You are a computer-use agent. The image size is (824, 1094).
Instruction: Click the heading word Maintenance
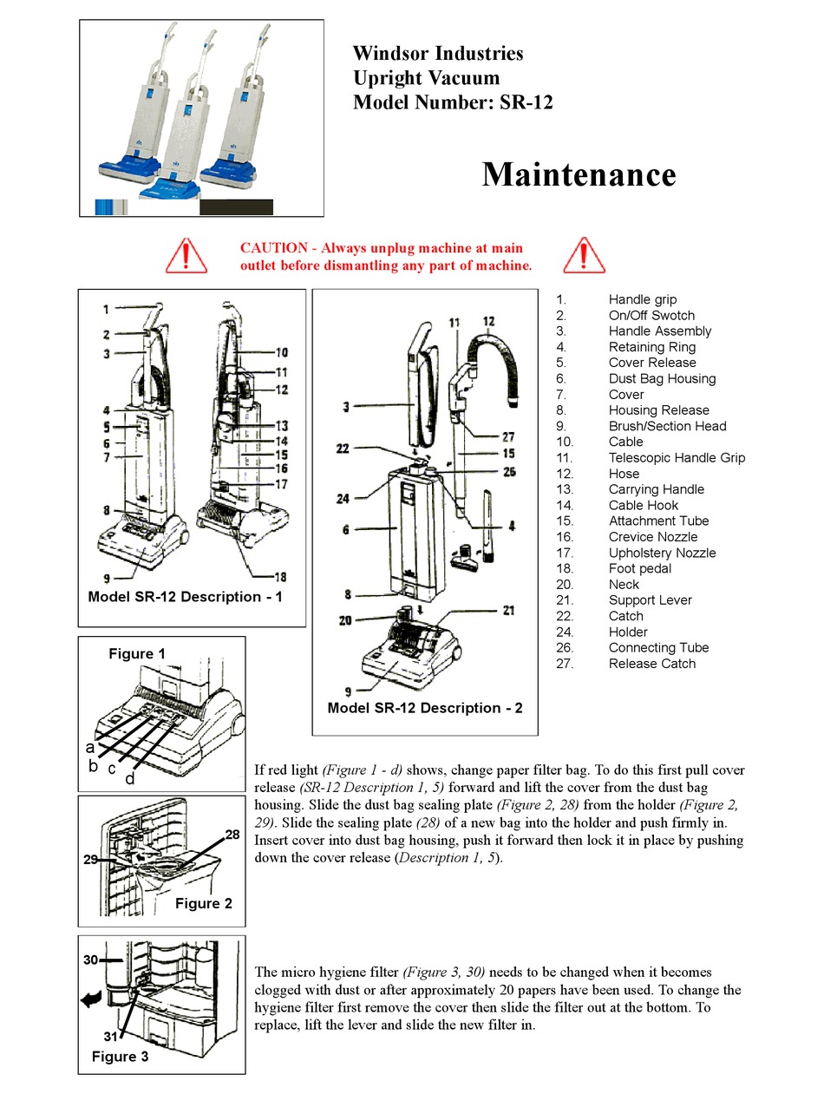pos(579,174)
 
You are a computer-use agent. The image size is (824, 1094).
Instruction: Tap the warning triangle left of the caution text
pos(186,255)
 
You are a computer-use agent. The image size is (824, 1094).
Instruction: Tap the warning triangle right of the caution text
pos(584,255)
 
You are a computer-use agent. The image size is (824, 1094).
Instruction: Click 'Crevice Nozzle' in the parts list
pos(652,537)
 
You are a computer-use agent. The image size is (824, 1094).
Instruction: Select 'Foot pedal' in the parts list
pos(639,568)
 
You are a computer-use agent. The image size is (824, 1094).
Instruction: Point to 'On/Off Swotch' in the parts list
pos(651,316)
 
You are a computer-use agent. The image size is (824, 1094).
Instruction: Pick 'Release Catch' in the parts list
pos(651,664)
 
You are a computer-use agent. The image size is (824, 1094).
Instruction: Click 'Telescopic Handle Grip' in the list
pos(676,458)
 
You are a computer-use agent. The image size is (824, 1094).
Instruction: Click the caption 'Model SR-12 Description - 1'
pos(185,597)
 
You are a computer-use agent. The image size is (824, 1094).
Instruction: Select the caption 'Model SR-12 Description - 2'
pos(425,708)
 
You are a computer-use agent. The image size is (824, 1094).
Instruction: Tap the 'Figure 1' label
pos(136,654)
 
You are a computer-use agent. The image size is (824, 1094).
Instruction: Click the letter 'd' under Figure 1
pos(129,778)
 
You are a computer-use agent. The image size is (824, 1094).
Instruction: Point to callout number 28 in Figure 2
pos(232,835)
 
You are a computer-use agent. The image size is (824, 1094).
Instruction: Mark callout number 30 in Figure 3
pos(91,960)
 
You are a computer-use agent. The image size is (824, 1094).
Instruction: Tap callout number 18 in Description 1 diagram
pos(280,577)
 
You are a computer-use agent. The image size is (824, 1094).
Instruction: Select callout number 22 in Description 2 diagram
pos(343,449)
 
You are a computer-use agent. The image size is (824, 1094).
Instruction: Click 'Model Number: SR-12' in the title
pos(452,102)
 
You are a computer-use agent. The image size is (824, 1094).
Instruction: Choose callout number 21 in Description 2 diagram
pos(508,611)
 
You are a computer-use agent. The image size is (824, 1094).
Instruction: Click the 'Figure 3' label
pos(120,1057)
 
